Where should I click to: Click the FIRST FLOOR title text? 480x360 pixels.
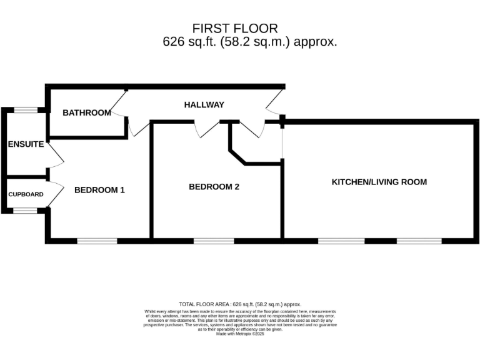235,28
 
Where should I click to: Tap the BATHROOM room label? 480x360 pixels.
87,113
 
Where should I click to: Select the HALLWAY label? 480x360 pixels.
204,104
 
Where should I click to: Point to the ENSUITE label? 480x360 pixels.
26,144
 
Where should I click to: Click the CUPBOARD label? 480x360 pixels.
26,194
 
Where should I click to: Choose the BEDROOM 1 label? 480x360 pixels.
99,190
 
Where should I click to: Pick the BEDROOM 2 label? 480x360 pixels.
214,186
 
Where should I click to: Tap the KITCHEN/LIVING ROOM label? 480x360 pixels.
379,182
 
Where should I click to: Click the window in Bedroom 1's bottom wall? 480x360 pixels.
97,241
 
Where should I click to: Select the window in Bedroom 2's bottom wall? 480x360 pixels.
214,241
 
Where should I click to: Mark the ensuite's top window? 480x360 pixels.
26,111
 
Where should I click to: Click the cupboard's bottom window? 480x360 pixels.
26,211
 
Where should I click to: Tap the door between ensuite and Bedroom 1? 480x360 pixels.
56,156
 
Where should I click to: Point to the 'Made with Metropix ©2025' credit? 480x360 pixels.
240,334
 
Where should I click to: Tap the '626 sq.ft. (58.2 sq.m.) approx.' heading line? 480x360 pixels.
249,42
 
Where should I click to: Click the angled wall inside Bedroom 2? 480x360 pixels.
237,156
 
